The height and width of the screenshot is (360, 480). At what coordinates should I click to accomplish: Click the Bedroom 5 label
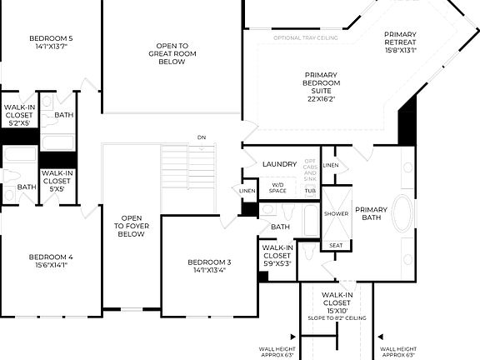(x=51, y=42)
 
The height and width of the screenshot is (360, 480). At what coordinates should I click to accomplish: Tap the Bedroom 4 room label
(x=51, y=261)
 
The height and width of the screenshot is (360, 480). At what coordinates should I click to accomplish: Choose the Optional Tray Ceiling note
(x=306, y=38)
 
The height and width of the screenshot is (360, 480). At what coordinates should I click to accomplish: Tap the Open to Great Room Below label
(x=172, y=54)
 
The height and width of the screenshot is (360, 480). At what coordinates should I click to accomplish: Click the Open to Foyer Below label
(x=132, y=226)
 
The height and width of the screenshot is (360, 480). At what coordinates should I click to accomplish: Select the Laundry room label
(x=279, y=164)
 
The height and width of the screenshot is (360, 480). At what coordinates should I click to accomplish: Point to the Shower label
(x=336, y=214)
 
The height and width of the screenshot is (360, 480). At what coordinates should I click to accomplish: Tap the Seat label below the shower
(x=336, y=245)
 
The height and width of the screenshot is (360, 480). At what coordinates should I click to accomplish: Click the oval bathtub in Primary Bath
(x=402, y=214)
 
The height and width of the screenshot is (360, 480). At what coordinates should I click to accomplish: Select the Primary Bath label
(x=371, y=213)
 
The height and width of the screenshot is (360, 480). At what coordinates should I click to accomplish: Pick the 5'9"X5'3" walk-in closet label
(x=277, y=255)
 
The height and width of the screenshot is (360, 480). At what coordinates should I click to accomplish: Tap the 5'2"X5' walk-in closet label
(x=18, y=116)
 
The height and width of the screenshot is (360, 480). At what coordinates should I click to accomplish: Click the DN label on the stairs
(x=201, y=137)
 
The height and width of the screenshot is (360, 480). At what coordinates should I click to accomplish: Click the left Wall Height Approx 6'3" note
(x=277, y=353)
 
